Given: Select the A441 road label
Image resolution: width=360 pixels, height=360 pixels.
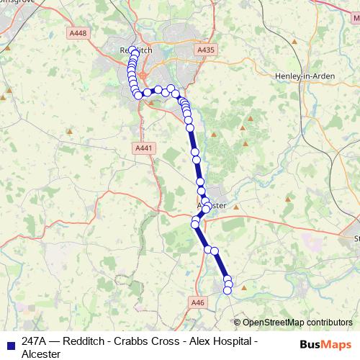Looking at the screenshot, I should point(144,148).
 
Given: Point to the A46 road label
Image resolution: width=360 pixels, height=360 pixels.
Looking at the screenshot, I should point(199,303).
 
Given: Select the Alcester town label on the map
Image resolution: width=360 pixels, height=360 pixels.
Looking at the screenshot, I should point(213,205).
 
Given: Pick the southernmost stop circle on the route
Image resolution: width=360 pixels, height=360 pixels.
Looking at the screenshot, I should point(228,290).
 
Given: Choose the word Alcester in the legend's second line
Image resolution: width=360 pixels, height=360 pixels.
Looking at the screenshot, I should point(41,354).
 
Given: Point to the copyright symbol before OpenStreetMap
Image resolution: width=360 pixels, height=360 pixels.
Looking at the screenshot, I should point(238,323).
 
